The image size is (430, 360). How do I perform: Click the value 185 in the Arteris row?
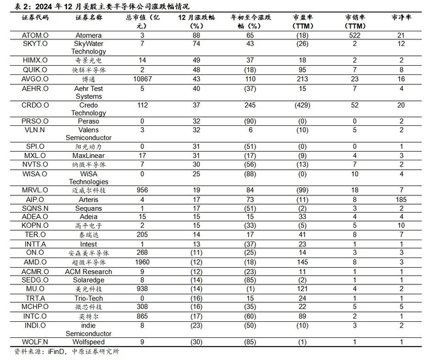[x=401, y=200]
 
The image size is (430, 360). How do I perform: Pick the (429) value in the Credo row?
[x=302, y=105]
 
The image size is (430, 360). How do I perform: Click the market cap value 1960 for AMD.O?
[x=142, y=262]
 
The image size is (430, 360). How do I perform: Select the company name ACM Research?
[x=88, y=271]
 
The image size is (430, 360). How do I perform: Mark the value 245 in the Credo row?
[x=249, y=105]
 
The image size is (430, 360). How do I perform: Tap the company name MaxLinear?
[x=88, y=156]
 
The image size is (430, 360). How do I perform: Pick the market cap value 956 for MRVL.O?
[x=142, y=190]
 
